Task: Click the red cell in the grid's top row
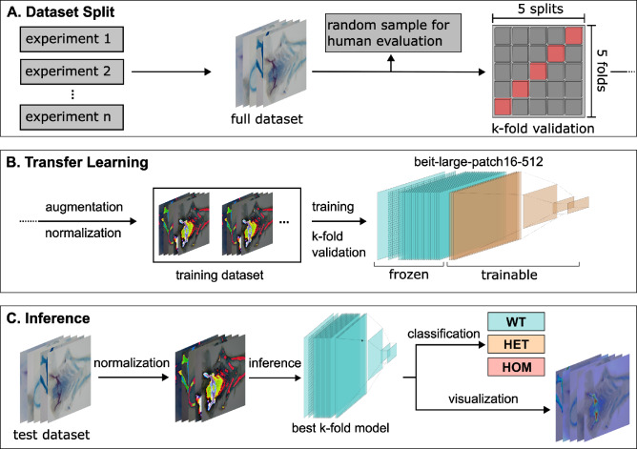574,36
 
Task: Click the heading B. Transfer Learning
80,163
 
